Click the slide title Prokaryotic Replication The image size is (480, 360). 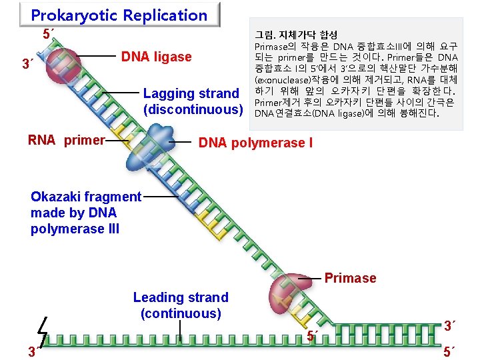pyautogui.click(x=119, y=15)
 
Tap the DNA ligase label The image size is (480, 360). pyautogui.click(x=156, y=57)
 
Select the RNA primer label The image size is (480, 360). pyautogui.click(x=67, y=140)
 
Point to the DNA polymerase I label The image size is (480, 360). pyautogui.click(x=256, y=142)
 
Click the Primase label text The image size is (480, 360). pyautogui.click(x=350, y=278)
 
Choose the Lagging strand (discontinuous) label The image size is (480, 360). pyautogui.click(x=192, y=101)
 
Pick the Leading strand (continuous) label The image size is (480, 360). pyautogui.click(x=181, y=305)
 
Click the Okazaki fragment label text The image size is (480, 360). pyautogui.click(x=86, y=197)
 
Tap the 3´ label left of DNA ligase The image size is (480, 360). pyautogui.click(x=27, y=65)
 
